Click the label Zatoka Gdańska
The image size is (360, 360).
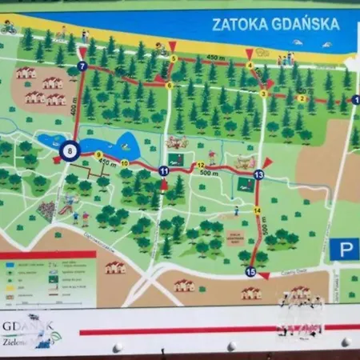click(x=275, y=24)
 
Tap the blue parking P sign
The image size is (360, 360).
click(x=344, y=250)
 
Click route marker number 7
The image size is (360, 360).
click(x=82, y=66)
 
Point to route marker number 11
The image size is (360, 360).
click(x=163, y=170)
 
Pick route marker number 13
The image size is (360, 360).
click(x=258, y=174)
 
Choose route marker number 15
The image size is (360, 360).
click(x=250, y=272)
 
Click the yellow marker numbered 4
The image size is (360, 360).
click(x=250, y=65)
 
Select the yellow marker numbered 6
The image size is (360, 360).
click(x=169, y=85)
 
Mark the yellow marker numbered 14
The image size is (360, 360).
click(x=257, y=210)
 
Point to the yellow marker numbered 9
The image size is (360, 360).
click(x=98, y=154)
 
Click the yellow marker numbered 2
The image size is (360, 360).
click(x=302, y=98)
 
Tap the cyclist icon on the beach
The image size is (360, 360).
click(x=9, y=28)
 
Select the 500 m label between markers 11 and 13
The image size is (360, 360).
click(x=210, y=172)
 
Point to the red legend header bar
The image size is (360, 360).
click(x=48, y=254)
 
